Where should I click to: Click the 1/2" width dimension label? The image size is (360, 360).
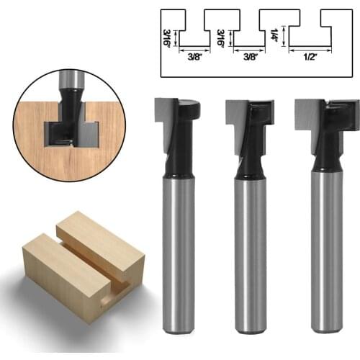coord(310,58)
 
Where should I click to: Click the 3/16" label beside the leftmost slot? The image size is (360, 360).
coord(168,36)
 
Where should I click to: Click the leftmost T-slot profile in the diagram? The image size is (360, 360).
coord(194,32)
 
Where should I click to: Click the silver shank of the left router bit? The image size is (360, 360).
coord(179,252)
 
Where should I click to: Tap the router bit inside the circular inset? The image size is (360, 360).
coord(69,108)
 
